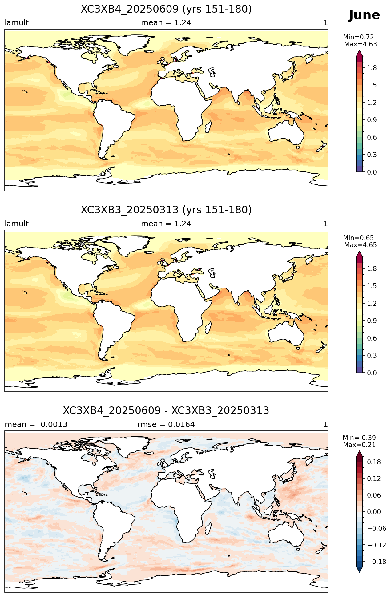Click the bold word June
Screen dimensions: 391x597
click(364, 15)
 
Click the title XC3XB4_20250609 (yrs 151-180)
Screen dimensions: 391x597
click(166, 9)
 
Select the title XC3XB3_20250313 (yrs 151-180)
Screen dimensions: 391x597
click(166, 210)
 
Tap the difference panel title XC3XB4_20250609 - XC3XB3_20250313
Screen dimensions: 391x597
click(166, 411)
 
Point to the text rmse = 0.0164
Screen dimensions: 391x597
click(166, 425)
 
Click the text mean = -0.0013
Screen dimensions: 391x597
click(36, 425)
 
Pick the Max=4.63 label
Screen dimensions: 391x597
click(360, 44)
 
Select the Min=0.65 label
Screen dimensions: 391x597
click(358, 238)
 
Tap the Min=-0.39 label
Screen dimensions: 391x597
click(359, 438)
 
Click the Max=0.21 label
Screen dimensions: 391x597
click(359, 445)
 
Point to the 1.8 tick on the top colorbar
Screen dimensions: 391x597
click(372, 68)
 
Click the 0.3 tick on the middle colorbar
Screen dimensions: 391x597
click(372, 355)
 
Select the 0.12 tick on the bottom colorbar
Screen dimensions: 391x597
click(374, 478)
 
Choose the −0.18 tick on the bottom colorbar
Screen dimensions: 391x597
click(375, 562)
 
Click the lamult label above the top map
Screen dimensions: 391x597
click(17, 23)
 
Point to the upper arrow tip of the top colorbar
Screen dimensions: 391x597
click(359, 51)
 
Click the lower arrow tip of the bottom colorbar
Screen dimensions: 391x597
click(359, 572)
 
